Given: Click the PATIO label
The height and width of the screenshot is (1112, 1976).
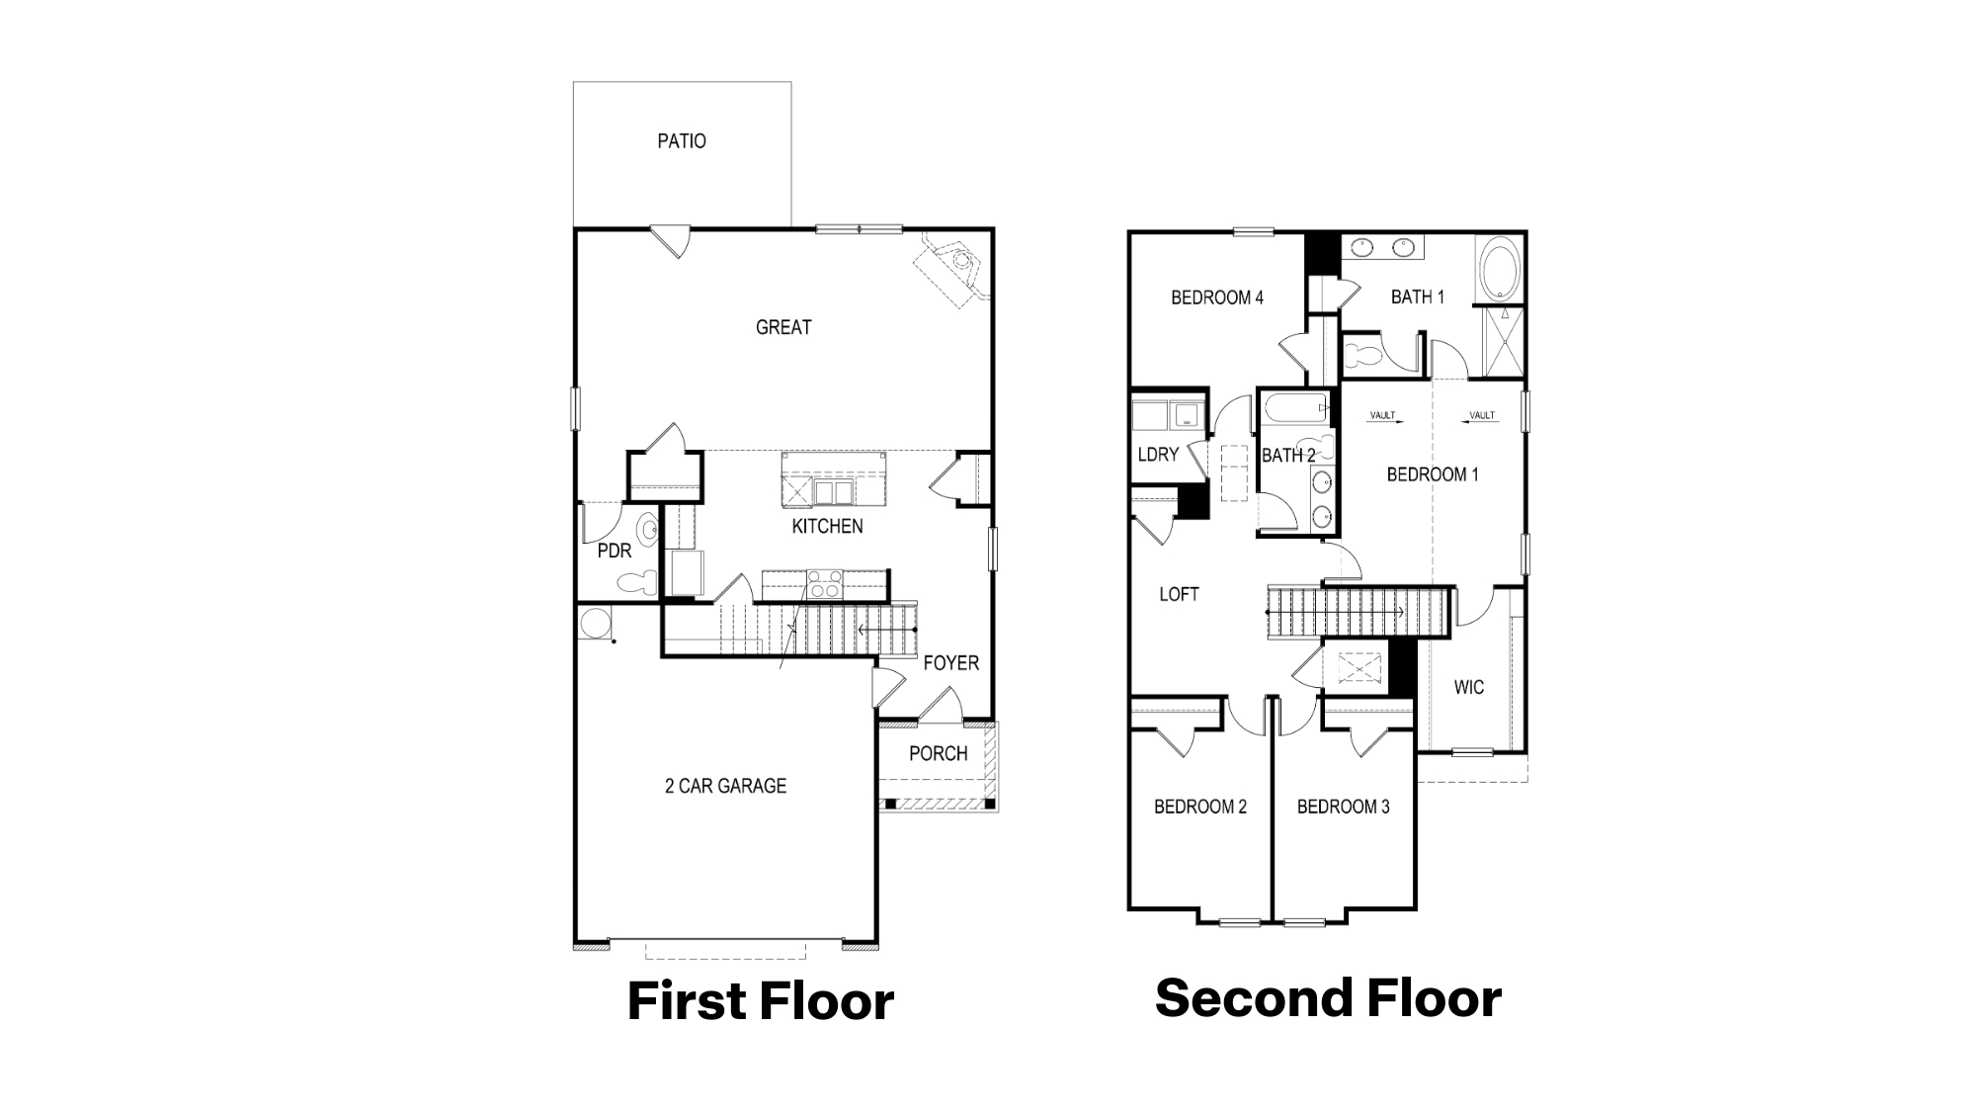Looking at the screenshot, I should pyautogui.click(x=682, y=141).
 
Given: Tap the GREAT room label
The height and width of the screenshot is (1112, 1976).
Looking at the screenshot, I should pyautogui.click(x=783, y=327).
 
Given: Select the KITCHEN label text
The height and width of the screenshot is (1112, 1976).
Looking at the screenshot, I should pyautogui.click(x=827, y=527).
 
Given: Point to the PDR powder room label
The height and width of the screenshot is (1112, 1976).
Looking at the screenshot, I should pyautogui.click(x=614, y=552).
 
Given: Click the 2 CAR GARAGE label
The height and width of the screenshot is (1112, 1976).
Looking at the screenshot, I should pyautogui.click(x=725, y=787).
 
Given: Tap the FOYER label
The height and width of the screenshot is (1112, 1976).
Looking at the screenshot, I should pyautogui.click(x=950, y=663).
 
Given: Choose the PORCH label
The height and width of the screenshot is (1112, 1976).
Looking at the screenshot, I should pyautogui.click(x=938, y=754).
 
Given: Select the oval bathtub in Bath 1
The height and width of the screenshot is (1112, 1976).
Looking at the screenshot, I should pyautogui.click(x=1499, y=267).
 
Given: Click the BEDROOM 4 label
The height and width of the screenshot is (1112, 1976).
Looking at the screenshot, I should pyautogui.click(x=1216, y=298).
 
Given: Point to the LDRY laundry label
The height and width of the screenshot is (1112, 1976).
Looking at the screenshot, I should pyautogui.click(x=1158, y=455).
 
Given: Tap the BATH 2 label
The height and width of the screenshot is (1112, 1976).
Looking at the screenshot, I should pyautogui.click(x=1287, y=456).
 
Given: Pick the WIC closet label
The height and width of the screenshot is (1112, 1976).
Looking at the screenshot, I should pyautogui.click(x=1468, y=688).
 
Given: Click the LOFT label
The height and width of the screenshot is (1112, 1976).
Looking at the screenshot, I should pyautogui.click(x=1179, y=594).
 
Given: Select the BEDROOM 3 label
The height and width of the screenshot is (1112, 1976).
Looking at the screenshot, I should pyautogui.click(x=1343, y=808).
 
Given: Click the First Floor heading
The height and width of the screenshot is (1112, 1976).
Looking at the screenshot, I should pyautogui.click(x=760, y=1000).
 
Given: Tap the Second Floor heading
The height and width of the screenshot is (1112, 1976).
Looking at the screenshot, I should pyautogui.click(x=1328, y=997).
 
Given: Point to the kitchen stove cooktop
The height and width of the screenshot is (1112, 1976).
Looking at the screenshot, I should pyautogui.click(x=824, y=584).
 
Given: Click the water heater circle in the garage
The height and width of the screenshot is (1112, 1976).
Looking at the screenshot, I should pyautogui.click(x=594, y=624).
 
